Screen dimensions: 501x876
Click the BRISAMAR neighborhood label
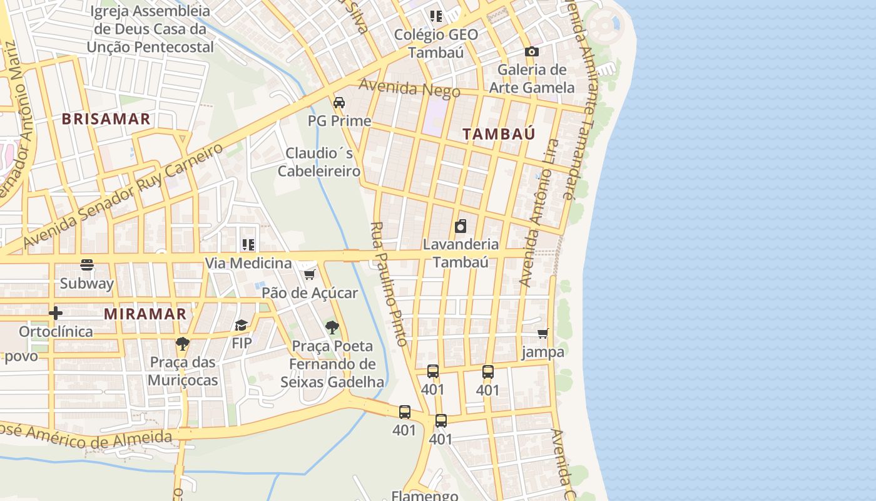click(106, 119)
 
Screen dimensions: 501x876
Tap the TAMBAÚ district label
click(499, 133)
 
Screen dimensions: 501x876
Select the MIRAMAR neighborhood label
click(145, 314)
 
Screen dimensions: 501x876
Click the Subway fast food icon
click(87, 265)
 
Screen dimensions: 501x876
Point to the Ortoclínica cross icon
click(56, 312)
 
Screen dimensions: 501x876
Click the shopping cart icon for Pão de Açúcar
click(309, 274)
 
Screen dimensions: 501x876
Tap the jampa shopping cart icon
click(543, 334)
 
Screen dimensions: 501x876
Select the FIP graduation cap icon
click(242, 325)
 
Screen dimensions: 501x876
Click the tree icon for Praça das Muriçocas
click(182, 343)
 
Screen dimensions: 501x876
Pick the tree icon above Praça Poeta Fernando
click(332, 327)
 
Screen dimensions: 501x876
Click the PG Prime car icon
click(339, 102)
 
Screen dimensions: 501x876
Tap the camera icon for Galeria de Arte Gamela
click(531, 51)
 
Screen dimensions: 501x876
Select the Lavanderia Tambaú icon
click(461, 226)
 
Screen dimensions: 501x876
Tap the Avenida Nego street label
click(409, 88)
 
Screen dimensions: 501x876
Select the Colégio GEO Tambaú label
click(435, 43)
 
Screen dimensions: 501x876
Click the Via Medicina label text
click(248, 263)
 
